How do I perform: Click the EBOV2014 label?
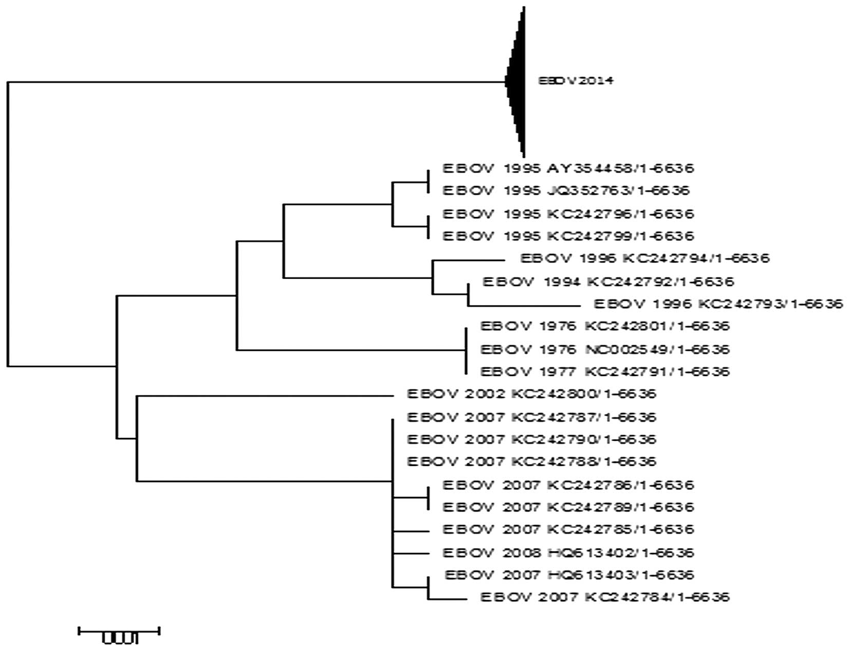tap(575, 81)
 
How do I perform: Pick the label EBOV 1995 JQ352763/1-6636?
tap(566, 191)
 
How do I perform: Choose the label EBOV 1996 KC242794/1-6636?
tap(645, 258)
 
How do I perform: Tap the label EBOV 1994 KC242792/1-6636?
tap(608, 282)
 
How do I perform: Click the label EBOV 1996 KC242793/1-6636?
tap(718, 304)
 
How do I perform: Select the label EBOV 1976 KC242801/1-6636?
tap(605, 326)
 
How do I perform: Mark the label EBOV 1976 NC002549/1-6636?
tap(605, 349)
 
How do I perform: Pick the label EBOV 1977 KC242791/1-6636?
tap(605, 371)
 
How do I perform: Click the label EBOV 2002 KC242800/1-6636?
tap(531, 394)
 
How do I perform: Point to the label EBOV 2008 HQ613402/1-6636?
tap(568, 553)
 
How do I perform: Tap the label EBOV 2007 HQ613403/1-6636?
tap(569, 574)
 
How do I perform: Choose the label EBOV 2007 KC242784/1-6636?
tap(605, 597)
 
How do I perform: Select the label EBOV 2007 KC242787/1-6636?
tap(531, 417)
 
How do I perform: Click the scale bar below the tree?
tap(119, 630)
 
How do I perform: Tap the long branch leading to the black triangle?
tap(257, 81)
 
